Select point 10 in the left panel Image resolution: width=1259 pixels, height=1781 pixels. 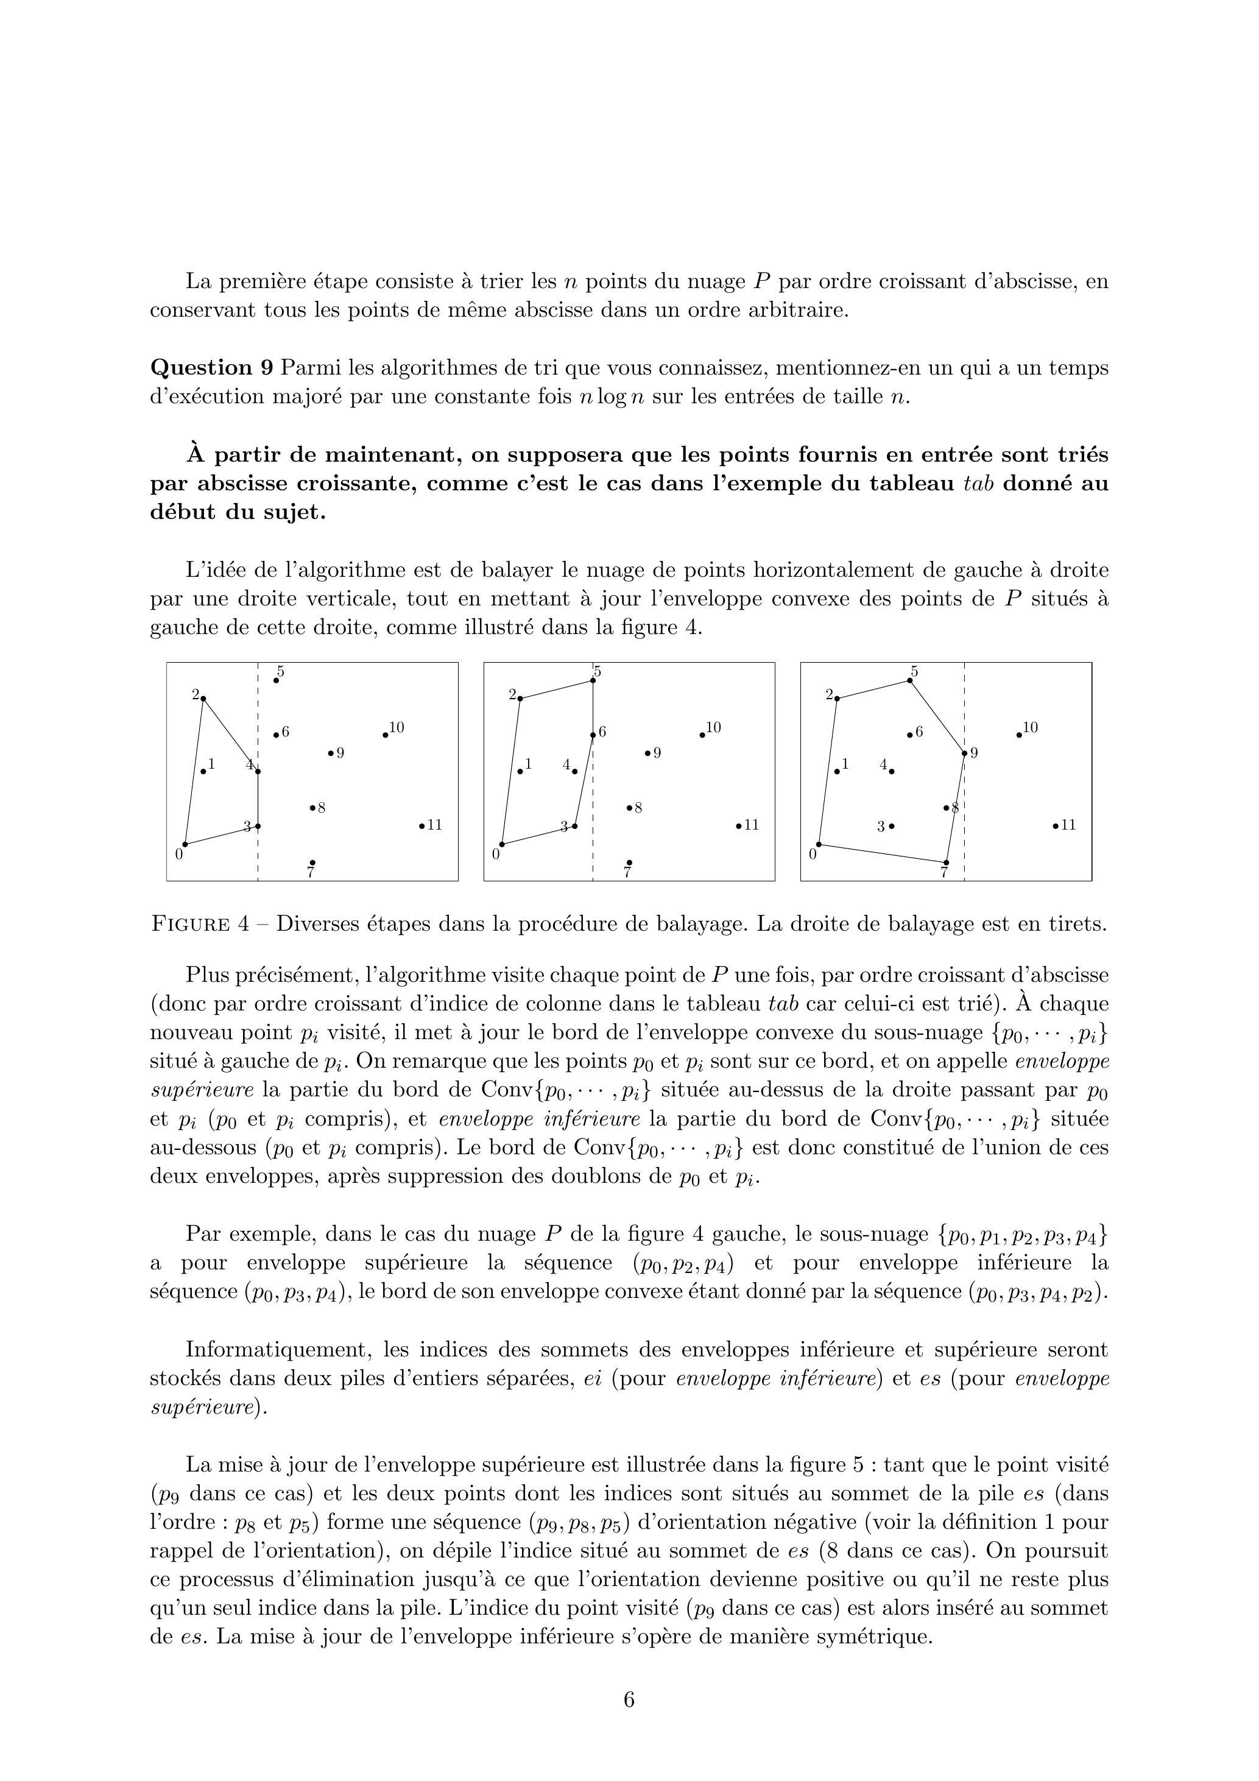pyautogui.click(x=386, y=735)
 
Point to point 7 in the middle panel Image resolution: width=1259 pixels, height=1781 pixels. pyautogui.click(x=629, y=862)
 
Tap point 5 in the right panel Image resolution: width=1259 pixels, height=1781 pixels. pyautogui.click(x=910, y=681)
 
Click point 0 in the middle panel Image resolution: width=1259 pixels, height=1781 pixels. pyautogui.click(x=502, y=844)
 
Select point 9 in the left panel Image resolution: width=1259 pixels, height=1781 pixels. pyautogui.click(x=331, y=752)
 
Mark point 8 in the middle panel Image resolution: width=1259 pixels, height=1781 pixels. pyautogui.click(x=629, y=808)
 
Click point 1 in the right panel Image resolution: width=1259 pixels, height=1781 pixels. pyautogui.click(x=837, y=771)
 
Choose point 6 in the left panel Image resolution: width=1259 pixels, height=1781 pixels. pyautogui.click(x=276, y=735)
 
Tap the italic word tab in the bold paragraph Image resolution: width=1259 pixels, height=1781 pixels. pyautogui.click(x=978, y=483)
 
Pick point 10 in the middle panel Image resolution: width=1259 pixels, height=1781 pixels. pyautogui.click(x=702, y=735)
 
